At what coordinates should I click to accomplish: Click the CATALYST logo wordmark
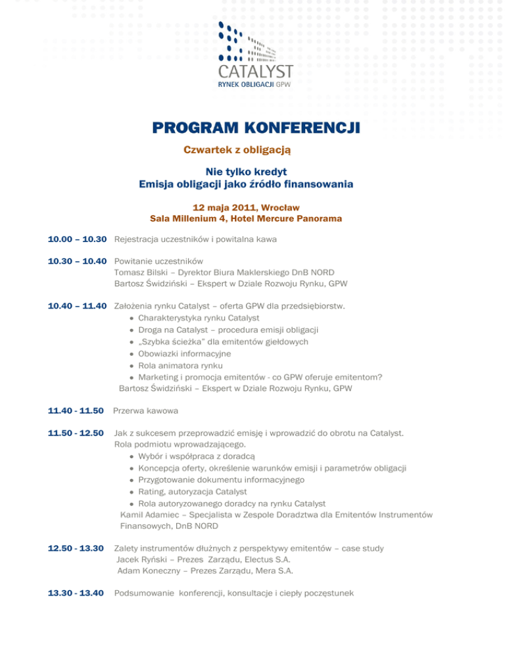(255, 71)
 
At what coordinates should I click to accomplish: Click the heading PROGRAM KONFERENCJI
(255, 127)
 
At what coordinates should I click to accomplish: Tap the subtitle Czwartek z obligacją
(237, 150)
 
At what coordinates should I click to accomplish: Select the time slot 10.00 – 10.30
(78, 239)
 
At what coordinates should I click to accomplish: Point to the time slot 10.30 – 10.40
(78, 261)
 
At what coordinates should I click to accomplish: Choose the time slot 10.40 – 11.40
(78, 306)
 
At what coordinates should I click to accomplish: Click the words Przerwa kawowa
(147, 411)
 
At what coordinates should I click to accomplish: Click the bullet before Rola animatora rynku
(132, 366)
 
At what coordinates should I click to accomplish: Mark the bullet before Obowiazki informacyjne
(132, 354)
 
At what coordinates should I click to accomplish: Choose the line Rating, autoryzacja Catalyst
(192, 491)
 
